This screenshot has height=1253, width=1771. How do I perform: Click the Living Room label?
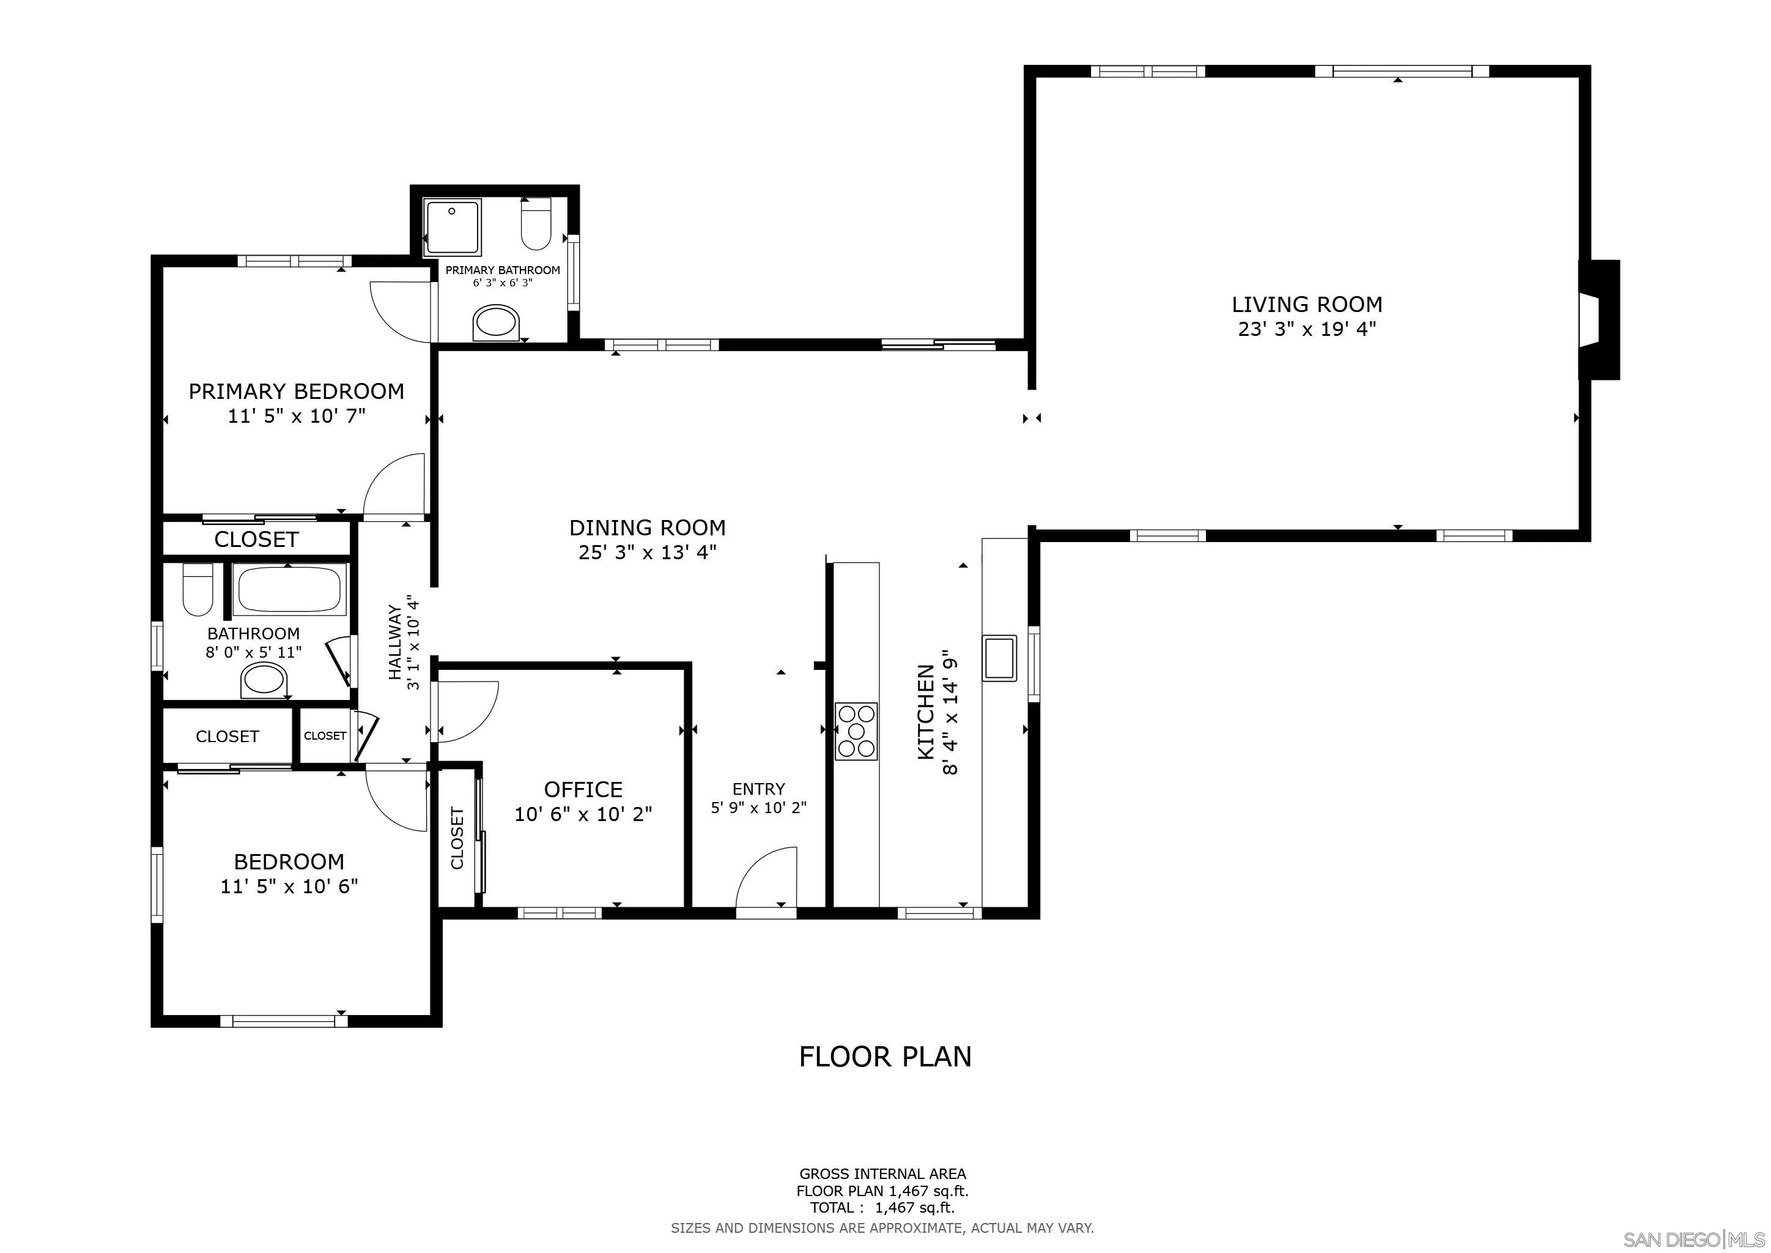(x=1307, y=304)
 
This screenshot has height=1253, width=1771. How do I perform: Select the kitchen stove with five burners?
(x=856, y=731)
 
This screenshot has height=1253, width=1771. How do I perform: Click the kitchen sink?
(x=999, y=657)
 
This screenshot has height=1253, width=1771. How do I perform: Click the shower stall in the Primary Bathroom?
(x=453, y=227)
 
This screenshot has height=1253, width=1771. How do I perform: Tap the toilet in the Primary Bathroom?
(x=536, y=224)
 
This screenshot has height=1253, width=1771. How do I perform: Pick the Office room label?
(x=583, y=789)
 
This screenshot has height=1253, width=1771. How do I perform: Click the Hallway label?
(x=396, y=642)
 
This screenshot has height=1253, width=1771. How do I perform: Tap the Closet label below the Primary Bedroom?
(x=256, y=539)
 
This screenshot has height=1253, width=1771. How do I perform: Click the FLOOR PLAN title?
(x=885, y=1056)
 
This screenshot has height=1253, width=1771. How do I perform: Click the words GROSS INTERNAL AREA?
(x=882, y=1173)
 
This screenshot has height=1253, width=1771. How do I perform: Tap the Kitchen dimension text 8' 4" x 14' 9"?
(x=950, y=712)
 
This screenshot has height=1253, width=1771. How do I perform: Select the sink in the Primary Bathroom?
(x=496, y=322)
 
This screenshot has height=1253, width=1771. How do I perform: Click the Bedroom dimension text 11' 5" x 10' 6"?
(x=289, y=886)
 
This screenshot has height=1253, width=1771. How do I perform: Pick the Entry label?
(x=758, y=789)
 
